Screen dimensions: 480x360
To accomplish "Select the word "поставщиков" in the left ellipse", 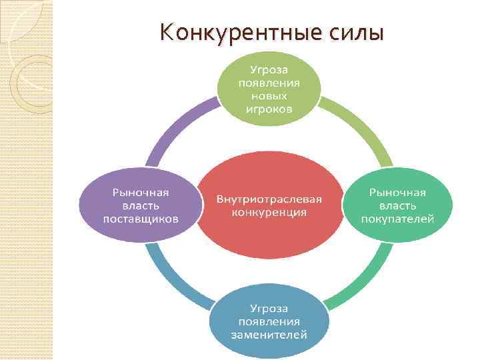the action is pos(140,218).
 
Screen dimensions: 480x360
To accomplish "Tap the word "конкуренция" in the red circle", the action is pos(269,213).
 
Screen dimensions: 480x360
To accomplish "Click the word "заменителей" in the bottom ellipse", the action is pos(269,335).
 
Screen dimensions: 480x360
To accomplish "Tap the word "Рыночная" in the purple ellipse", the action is pos(140,192).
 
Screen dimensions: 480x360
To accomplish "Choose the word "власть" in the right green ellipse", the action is pos(397,205).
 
